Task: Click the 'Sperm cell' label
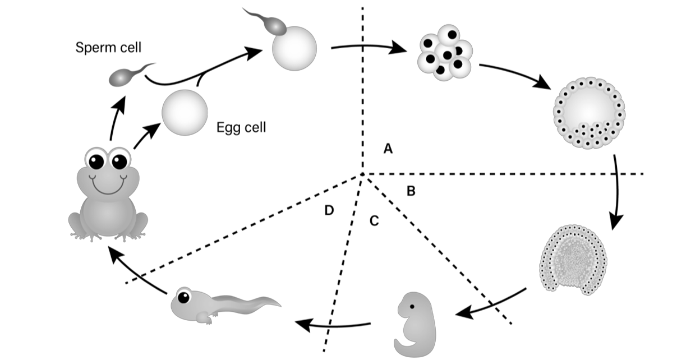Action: pos(108,48)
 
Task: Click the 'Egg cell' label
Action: pos(241,128)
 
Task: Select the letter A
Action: pos(387,149)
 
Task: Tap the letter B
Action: pos(411,191)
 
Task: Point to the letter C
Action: pos(374,221)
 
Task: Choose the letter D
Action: pos(330,210)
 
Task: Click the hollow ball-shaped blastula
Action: pos(589,112)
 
